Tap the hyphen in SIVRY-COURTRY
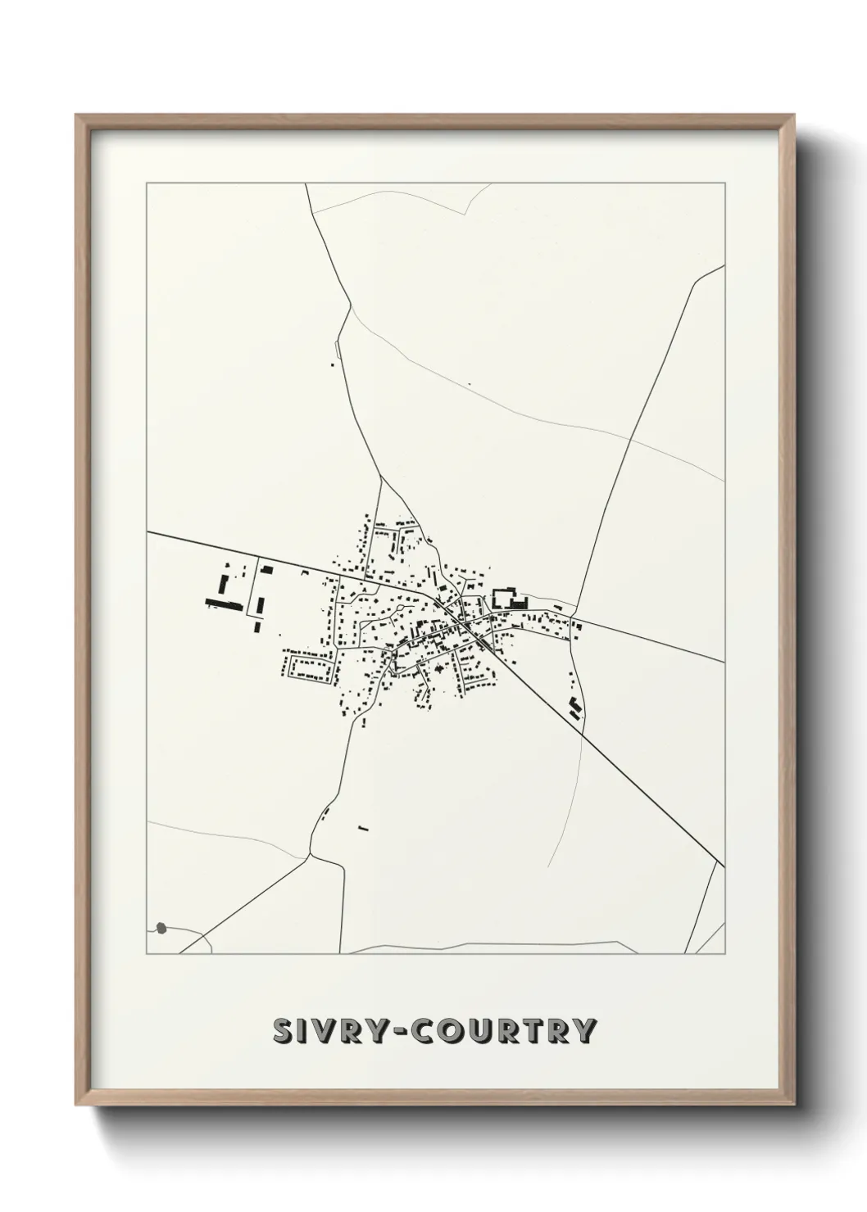(x=402, y=1031)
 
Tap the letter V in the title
(x=325, y=1031)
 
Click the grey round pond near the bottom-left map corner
(x=161, y=928)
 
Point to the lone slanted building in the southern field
(x=364, y=828)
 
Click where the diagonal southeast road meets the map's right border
(x=724, y=865)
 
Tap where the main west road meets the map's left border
(x=148, y=532)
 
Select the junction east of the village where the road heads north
(x=578, y=617)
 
